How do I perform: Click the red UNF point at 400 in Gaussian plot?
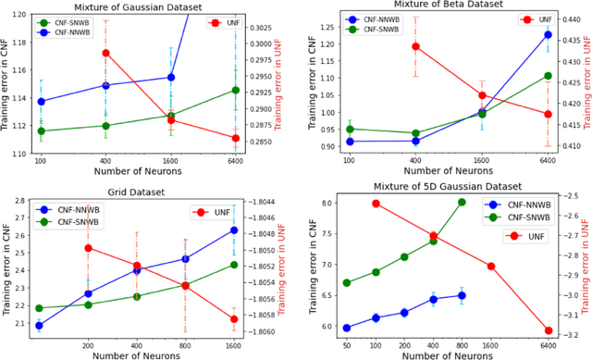(x=105, y=53)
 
